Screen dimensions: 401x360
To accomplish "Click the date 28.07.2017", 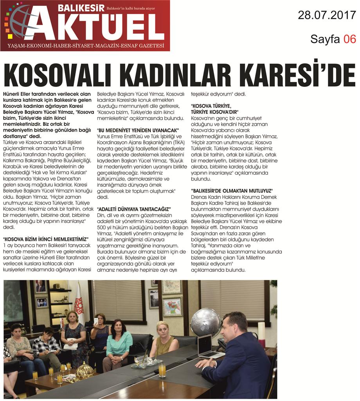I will tap(327, 15).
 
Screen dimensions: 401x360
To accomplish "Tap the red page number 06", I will tap(350, 38).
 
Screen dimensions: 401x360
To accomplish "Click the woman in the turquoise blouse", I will tap(118, 341).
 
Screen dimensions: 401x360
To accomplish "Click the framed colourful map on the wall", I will tap(172, 306).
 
